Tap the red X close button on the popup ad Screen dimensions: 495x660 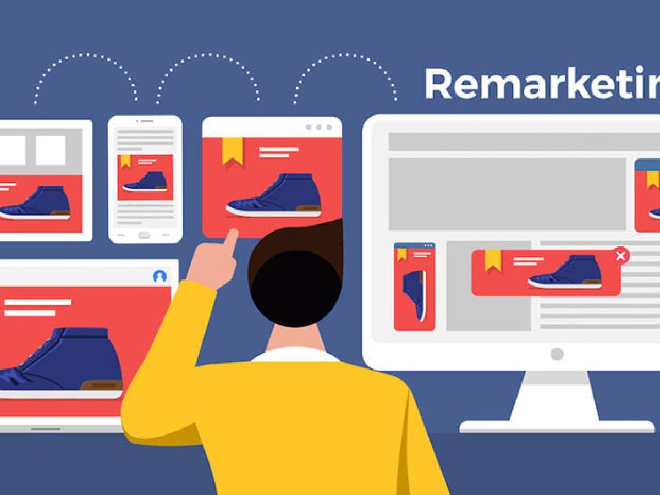pos(621,256)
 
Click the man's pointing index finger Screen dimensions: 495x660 pos(230,239)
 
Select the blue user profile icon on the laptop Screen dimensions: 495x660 pos(160,276)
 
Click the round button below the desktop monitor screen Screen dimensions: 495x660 pos(557,354)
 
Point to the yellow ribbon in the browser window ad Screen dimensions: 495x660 pos(232,150)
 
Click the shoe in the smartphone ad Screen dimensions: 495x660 pos(146,182)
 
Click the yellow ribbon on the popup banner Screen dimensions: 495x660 pos(493,260)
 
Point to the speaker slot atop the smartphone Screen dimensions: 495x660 pos(145,120)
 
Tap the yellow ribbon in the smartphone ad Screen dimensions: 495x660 pos(126,161)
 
